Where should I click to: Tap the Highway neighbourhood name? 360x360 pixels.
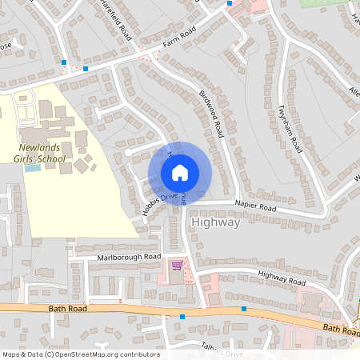tap(216, 223)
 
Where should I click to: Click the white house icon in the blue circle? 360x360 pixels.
tap(180, 172)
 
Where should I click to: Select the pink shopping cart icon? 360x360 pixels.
tap(177, 265)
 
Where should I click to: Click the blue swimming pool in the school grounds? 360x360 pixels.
tap(32, 168)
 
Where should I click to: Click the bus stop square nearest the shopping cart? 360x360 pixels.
tap(182, 317)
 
